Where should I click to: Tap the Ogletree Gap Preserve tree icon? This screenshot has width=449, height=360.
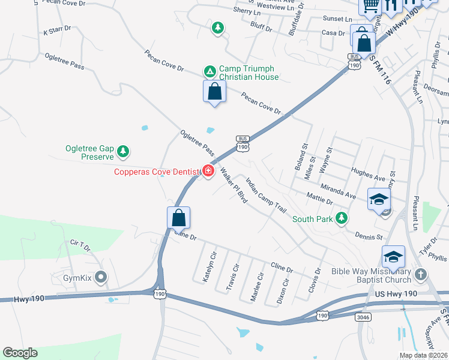[x=123, y=152]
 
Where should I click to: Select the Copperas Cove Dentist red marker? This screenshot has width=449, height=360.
[x=208, y=172]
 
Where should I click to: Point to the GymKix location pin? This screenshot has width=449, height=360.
[x=101, y=278]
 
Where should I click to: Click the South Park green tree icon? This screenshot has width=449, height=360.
[x=342, y=218]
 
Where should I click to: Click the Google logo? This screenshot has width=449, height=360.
[x=20, y=353]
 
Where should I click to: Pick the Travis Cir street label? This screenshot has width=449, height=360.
[x=233, y=276]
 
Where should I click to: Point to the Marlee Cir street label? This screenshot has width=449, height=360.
[x=257, y=286]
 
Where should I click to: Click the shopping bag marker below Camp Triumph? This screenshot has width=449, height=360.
[x=214, y=92]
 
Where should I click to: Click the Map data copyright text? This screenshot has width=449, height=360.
[x=423, y=355]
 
